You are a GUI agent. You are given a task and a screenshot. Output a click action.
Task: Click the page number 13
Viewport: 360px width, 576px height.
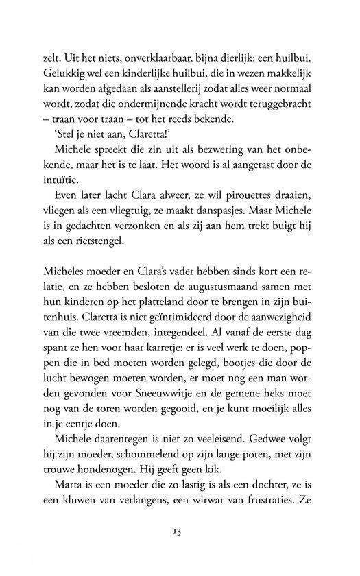[x=180, y=531]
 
